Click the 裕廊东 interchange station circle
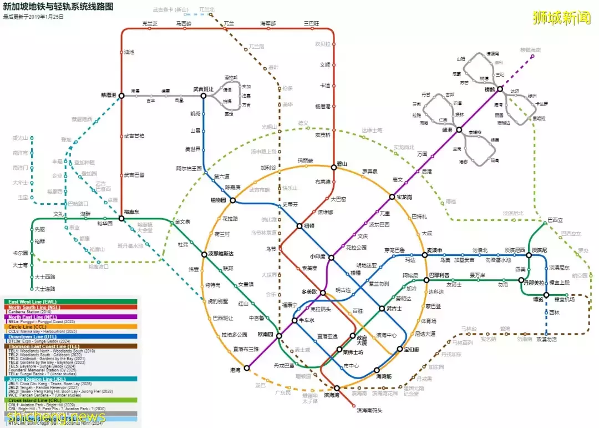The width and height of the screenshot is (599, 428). [x=121, y=219]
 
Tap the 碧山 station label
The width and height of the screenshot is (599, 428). [x=342, y=164]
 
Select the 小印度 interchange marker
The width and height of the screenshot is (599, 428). [x=331, y=257]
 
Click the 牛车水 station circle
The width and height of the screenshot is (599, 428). [x=295, y=320]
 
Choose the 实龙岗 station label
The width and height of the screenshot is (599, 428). [x=404, y=197]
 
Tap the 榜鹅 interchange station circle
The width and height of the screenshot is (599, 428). [x=500, y=89]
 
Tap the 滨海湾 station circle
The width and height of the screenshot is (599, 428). [x=337, y=388]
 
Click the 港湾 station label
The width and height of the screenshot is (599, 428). [x=235, y=369]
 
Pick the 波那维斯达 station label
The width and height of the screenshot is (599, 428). [x=221, y=254]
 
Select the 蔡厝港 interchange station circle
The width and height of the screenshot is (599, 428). [x=121, y=95]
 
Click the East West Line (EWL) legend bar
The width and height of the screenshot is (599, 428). [x=72, y=302]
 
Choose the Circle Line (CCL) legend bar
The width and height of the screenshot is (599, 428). [x=72, y=327]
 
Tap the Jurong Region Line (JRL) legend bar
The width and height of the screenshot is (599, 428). [x=72, y=379]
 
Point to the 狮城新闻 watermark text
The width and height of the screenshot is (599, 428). [x=561, y=18]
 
